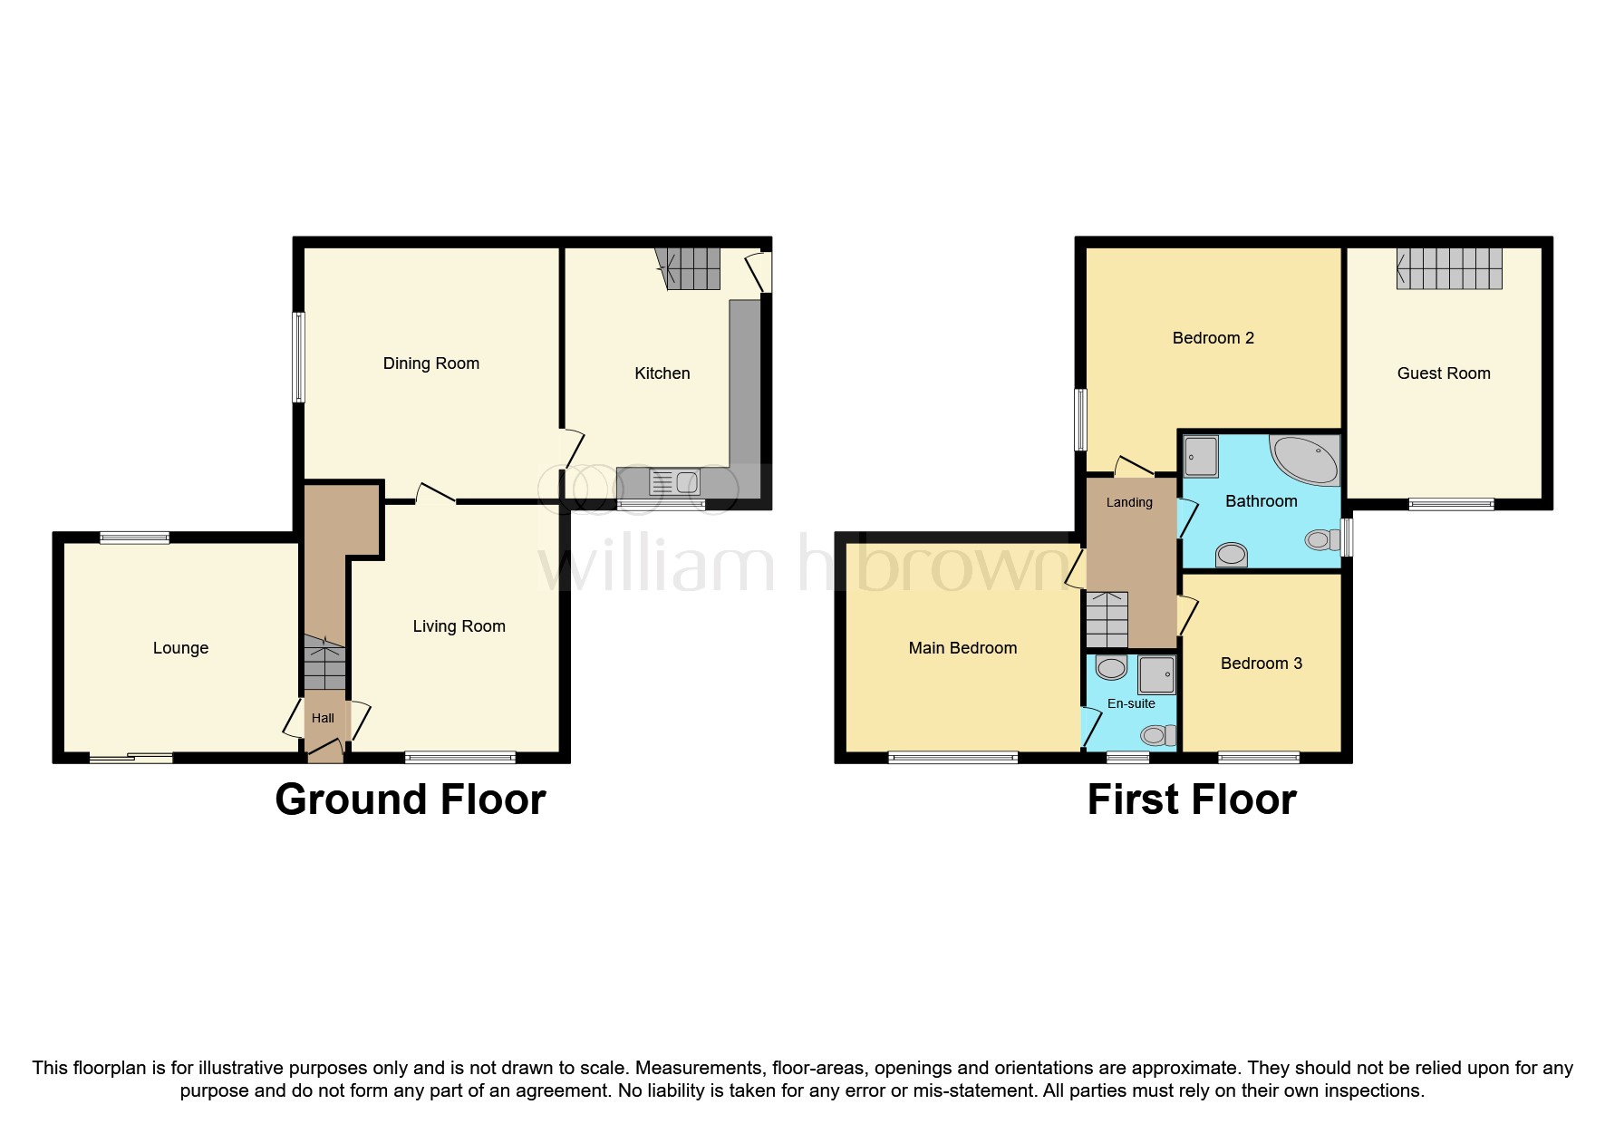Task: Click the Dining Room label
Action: pos(430,363)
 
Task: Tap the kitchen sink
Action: pos(674,482)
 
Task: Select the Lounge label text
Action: pos(180,648)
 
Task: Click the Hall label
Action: pos(323,718)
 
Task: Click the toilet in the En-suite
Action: pos(1156,734)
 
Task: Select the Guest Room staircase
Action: pos(1448,268)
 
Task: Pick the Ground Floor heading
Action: pos(410,799)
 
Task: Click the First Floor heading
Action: pos(1191,799)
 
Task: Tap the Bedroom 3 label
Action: pos(1261,664)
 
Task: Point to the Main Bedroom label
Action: pos(962,648)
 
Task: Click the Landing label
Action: pos(1129,502)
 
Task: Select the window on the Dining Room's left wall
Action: pos(298,357)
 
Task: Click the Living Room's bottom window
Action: pos(460,758)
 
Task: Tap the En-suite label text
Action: pos(1131,703)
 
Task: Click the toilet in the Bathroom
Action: pos(1320,540)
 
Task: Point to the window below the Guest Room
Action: pos(1451,505)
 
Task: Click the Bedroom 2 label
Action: pos(1213,338)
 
